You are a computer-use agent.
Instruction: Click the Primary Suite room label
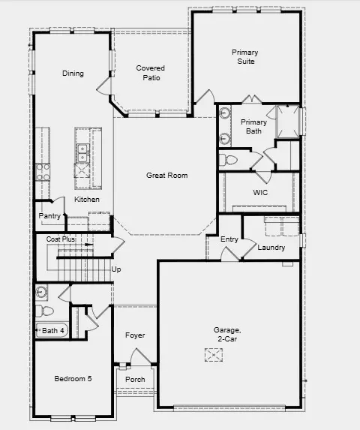[x=244, y=57]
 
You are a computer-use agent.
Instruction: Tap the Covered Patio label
[x=150, y=74]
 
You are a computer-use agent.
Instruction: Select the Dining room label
[x=73, y=74]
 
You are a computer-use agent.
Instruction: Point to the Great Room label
[x=166, y=176]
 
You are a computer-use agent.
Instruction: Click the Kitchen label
[x=87, y=200]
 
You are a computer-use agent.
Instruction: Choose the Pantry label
[x=49, y=216]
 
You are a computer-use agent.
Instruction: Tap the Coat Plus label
[x=61, y=239]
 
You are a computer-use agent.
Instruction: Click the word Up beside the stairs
[x=116, y=269]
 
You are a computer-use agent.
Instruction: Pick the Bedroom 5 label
[x=73, y=379]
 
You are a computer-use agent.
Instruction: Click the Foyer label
[x=135, y=335]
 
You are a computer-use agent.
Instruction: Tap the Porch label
[x=135, y=380]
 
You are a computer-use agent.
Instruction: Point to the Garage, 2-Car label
[x=226, y=335]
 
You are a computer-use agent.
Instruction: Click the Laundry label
[x=271, y=248]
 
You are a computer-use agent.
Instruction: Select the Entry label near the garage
[x=229, y=239]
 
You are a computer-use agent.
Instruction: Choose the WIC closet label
[x=260, y=193]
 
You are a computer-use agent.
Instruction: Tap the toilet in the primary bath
[x=229, y=160]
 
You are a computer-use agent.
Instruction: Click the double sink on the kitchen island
[x=82, y=154]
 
